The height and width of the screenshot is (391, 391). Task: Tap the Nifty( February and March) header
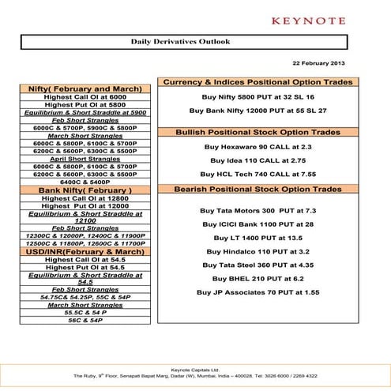tap(85, 88)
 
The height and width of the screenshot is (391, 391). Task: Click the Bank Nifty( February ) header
tap(85, 190)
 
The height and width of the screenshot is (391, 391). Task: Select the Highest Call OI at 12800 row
tap(85, 198)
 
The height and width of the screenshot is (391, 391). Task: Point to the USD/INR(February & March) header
tap(85, 251)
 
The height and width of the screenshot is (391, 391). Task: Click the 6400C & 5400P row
tap(85, 182)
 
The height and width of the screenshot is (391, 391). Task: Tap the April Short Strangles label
tap(85, 159)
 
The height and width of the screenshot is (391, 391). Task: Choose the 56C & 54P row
tap(85, 320)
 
